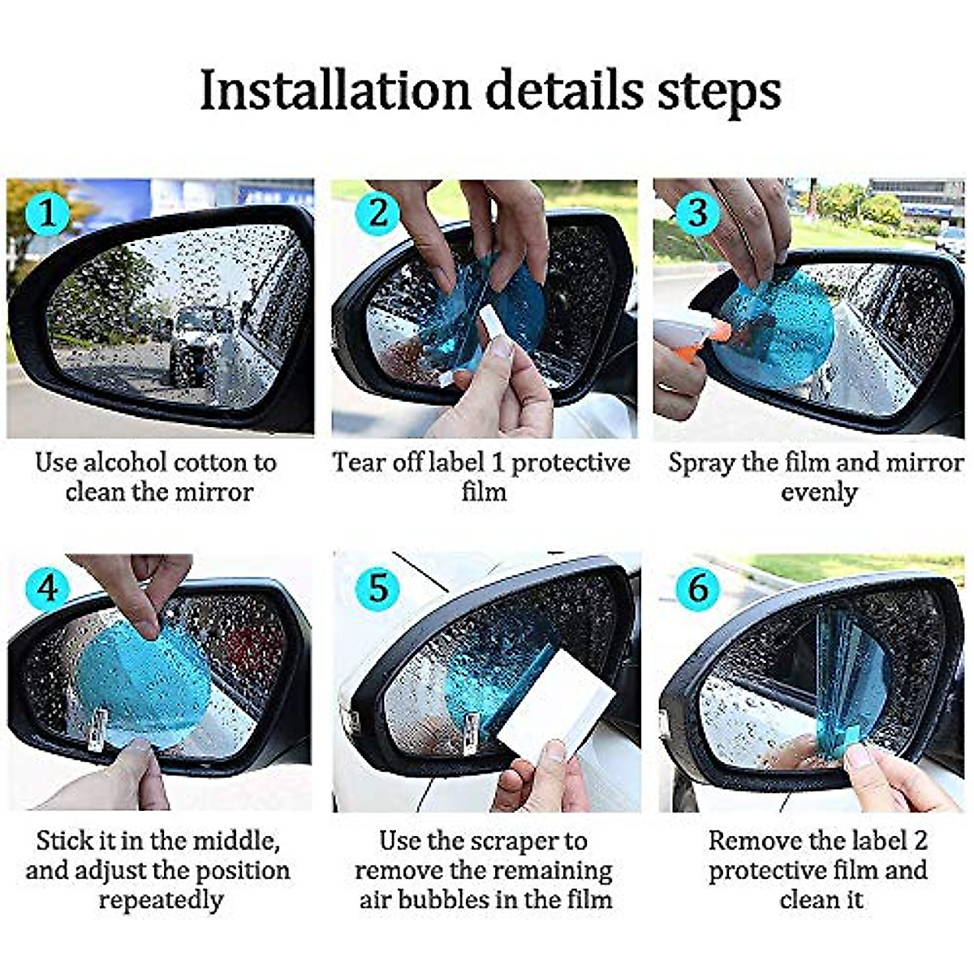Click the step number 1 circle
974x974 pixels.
47,214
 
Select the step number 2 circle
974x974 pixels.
378,213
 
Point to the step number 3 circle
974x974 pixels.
697,213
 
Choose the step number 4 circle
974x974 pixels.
47,587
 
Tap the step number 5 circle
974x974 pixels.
378,587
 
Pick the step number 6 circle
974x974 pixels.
697,587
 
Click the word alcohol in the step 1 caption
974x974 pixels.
125,463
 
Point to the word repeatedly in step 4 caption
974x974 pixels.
161,900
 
